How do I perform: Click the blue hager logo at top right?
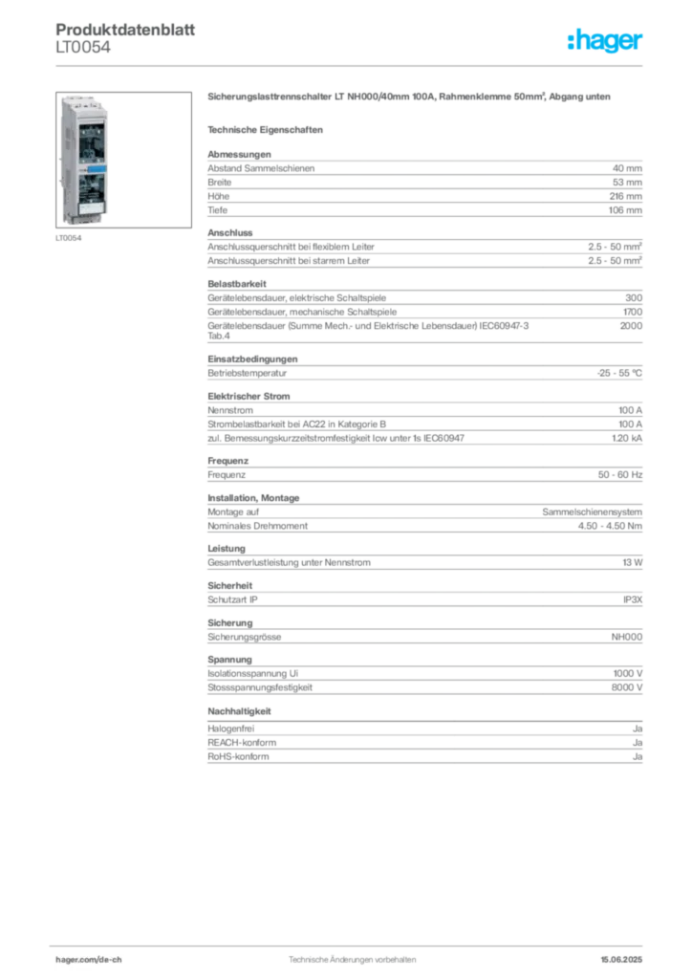pyautogui.click(x=606, y=42)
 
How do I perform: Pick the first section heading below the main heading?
pyautogui.click(x=268, y=128)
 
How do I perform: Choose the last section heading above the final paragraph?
pyautogui.click(x=241, y=711)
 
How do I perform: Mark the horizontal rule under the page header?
pyautogui.click(x=352, y=65)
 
